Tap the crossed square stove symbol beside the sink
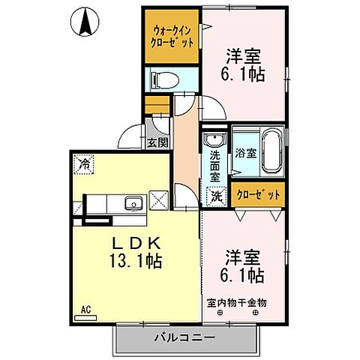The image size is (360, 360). click(160, 200)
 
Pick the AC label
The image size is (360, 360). click(85, 307)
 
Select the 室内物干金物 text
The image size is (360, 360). click(236, 303)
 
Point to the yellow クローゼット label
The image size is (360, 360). click(259, 194)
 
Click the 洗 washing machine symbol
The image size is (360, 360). click(216, 196)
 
